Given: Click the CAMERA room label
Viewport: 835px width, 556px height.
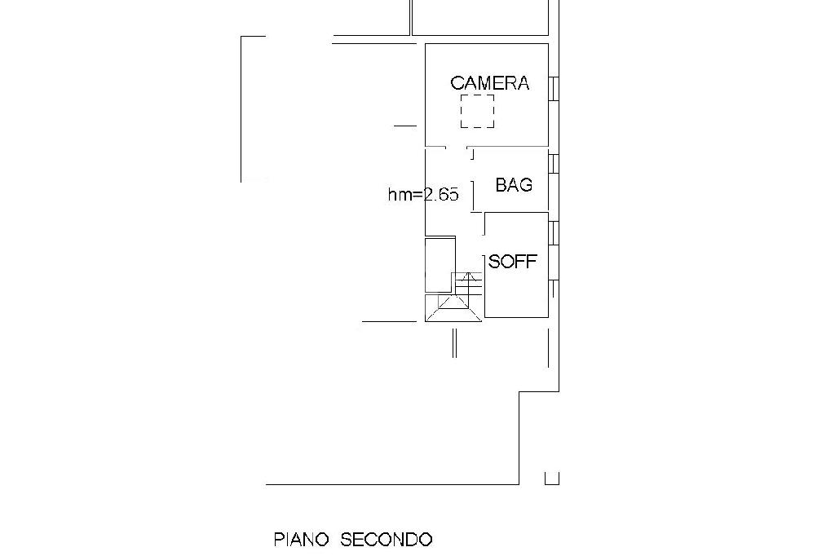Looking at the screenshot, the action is [489, 83].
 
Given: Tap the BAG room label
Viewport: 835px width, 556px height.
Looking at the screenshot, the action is [514, 185].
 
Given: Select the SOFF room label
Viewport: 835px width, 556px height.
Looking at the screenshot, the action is [512, 262].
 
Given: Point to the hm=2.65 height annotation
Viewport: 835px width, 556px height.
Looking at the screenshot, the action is [423, 194].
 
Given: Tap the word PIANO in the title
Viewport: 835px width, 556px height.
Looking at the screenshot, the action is [301, 540].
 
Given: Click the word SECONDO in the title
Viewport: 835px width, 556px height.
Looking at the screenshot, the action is [386, 540].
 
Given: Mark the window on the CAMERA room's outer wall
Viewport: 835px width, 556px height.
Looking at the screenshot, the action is [554, 88].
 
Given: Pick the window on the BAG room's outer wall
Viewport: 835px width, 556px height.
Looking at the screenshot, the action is [554, 164].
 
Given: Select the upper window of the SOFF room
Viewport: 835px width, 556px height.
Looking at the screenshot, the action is [554, 233].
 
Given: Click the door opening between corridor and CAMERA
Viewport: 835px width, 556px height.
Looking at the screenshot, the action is [457, 147].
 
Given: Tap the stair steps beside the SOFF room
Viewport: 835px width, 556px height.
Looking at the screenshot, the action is [467, 284].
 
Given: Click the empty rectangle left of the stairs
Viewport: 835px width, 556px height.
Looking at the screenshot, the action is [440, 265].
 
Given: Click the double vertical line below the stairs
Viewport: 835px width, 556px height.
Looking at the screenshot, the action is [454, 343].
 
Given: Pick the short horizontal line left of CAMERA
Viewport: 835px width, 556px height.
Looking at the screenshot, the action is [405, 126].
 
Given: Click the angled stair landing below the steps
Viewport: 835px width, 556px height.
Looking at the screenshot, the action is [453, 309].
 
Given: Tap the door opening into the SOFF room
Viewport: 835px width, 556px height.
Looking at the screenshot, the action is [484, 223].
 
